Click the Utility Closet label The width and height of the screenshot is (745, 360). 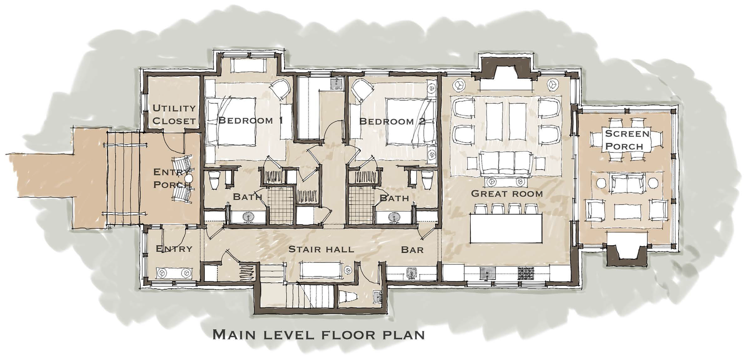(x=174, y=114)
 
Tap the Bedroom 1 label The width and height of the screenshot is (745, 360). (x=251, y=120)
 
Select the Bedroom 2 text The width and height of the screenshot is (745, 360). (x=392, y=121)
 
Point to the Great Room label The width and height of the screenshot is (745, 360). (x=507, y=193)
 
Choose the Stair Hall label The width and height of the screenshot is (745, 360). (x=321, y=249)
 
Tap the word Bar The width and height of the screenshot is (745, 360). (x=412, y=250)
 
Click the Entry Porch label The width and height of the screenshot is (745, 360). (x=171, y=178)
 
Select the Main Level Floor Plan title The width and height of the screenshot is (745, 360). (x=319, y=335)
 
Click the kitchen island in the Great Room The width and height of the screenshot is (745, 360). (x=506, y=229)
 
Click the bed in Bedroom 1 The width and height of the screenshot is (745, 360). (x=231, y=121)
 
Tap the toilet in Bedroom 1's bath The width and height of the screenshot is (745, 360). (x=214, y=180)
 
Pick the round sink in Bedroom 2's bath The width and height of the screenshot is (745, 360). (x=394, y=217)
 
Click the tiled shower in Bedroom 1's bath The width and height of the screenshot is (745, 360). (x=282, y=205)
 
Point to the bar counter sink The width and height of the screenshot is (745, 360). (x=412, y=273)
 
